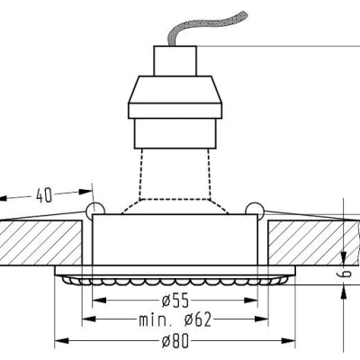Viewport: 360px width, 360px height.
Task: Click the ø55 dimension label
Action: (175, 301)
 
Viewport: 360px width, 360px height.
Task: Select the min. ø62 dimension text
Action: (175, 320)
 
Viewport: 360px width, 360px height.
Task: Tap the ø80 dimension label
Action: (175, 341)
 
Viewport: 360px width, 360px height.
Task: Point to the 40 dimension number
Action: (44, 195)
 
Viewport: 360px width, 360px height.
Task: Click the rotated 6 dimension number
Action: (346, 274)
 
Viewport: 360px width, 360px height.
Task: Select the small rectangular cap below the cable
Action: (175, 61)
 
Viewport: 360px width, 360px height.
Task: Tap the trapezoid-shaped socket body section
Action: (175, 90)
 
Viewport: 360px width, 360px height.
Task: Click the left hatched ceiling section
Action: (41, 243)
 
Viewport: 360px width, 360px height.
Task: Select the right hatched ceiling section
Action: (313, 243)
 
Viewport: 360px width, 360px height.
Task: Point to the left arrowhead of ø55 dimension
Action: (99, 300)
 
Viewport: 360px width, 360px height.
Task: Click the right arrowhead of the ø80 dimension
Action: (289, 340)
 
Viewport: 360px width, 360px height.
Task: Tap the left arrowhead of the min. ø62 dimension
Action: (89, 319)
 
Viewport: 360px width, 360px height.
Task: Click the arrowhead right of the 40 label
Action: (85, 192)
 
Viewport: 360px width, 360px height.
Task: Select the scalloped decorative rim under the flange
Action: (175, 281)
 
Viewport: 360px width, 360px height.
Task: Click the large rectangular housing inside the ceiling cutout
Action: (175, 239)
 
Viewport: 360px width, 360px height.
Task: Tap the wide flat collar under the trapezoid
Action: (175, 111)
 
